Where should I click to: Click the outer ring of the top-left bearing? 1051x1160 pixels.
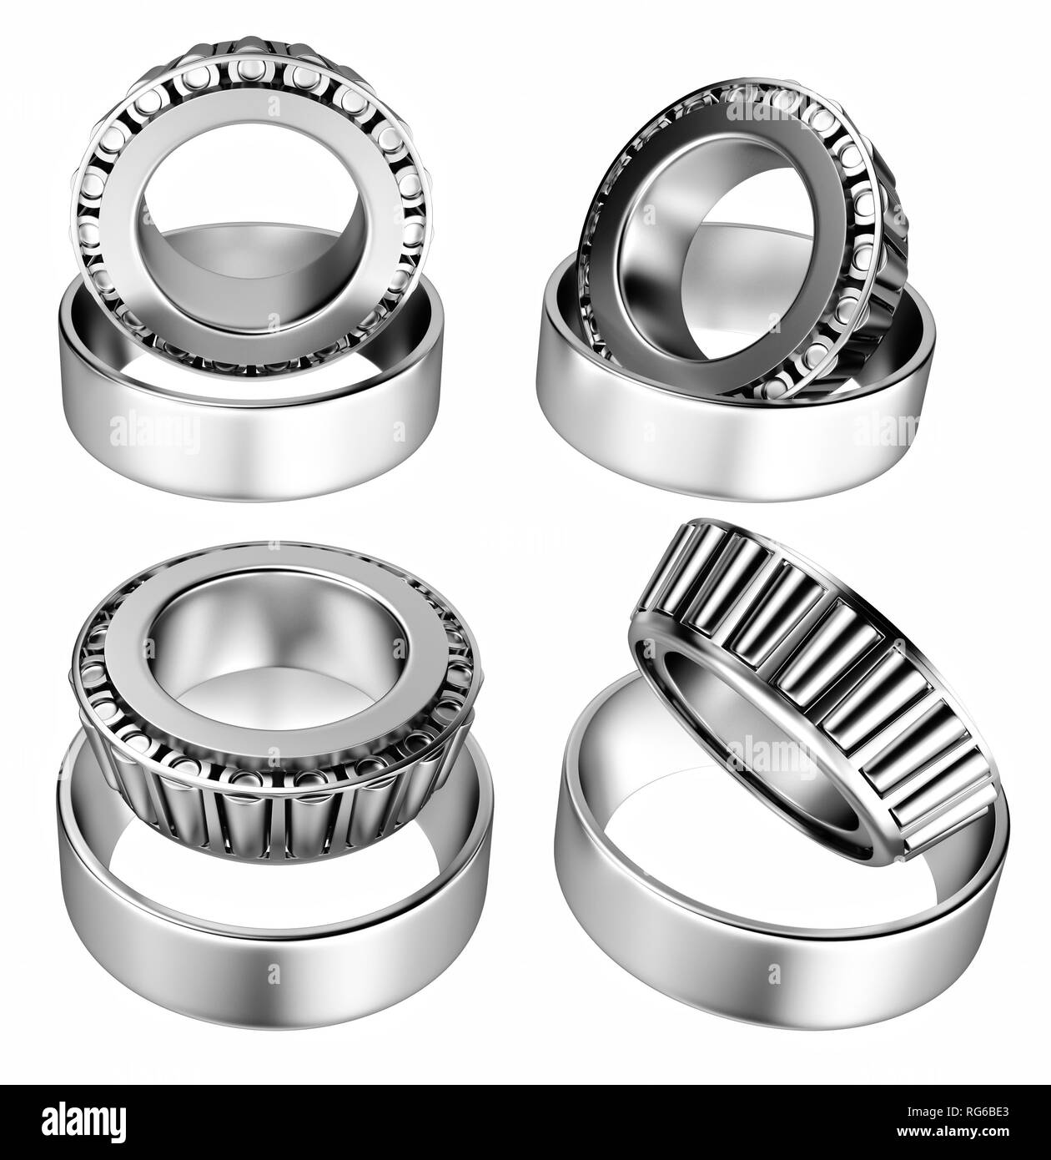(x=249, y=451)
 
